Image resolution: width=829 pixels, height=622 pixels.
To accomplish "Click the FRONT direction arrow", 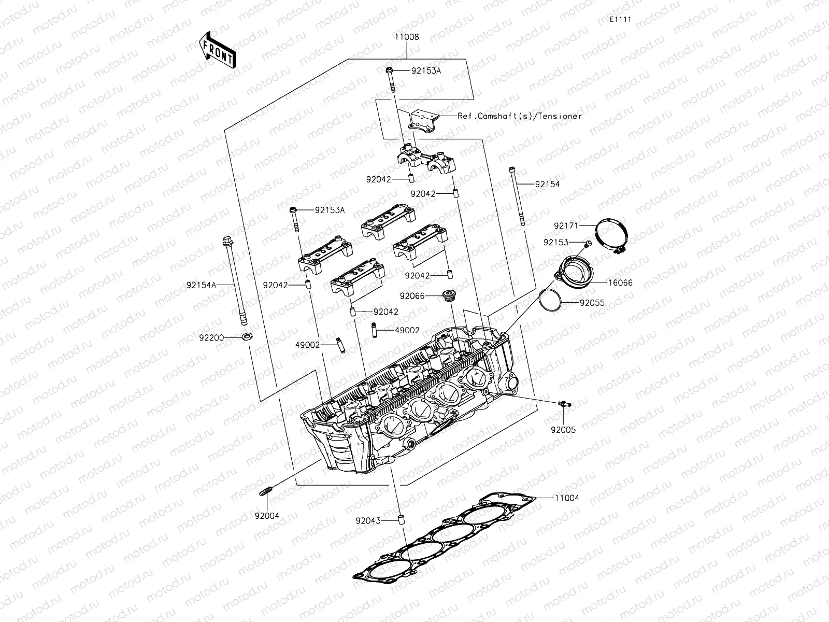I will click(217, 50).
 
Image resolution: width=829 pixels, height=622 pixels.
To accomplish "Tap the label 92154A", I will click(202, 285).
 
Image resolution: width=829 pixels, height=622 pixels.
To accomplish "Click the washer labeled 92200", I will click(247, 337).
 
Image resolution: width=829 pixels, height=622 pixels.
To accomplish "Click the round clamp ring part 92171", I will click(611, 236).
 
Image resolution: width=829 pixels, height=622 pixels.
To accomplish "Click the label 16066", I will click(620, 283).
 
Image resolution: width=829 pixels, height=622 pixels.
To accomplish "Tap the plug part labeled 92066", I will click(448, 296).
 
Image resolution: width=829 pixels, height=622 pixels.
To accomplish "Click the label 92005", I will click(563, 430).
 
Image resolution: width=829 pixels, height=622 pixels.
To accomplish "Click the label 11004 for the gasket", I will click(566, 498).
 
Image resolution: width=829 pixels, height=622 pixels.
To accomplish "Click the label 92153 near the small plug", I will click(555, 242).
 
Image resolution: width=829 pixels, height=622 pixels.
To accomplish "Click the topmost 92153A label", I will click(426, 70).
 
